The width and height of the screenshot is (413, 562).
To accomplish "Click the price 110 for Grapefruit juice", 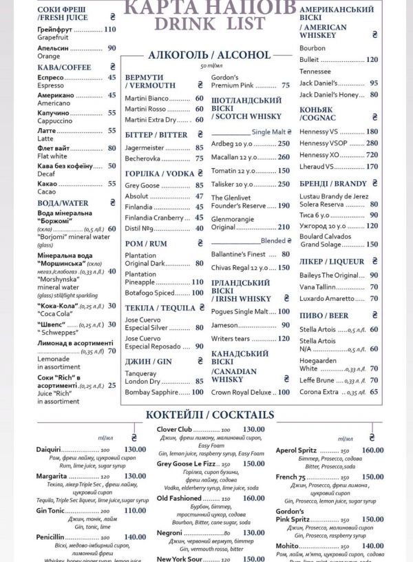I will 109,29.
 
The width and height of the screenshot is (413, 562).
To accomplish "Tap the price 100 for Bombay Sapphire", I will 197,392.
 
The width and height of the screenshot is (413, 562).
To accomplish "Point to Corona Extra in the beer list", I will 319,391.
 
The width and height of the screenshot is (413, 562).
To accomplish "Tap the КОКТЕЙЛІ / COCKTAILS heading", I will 209,415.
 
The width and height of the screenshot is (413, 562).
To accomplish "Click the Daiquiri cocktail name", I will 49,449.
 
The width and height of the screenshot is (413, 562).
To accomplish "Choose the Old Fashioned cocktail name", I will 179,498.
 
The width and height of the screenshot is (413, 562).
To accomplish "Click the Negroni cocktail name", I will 171,532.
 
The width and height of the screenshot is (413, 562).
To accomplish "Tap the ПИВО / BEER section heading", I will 324,315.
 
